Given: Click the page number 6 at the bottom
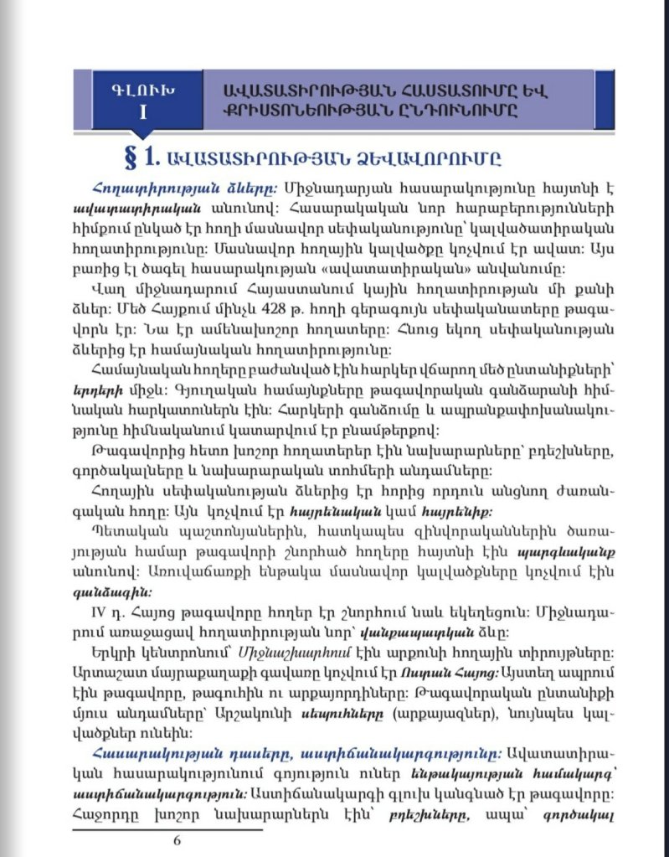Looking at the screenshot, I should coord(177,841).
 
